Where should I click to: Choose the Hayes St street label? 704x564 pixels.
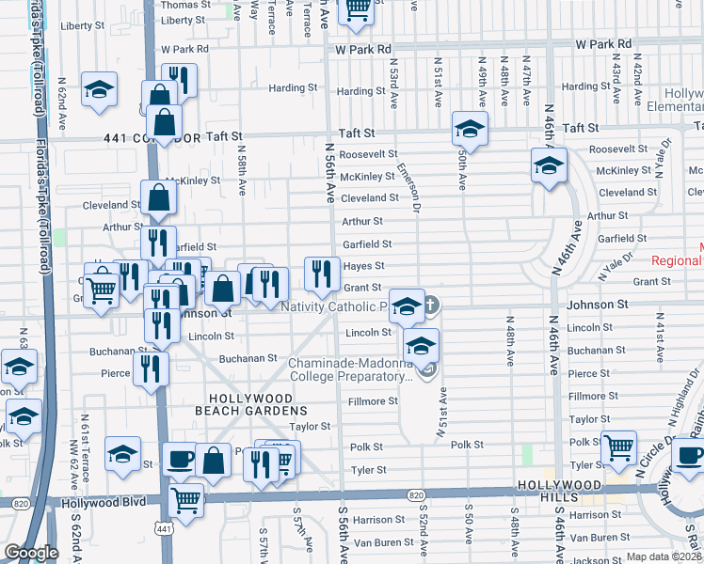tap(361, 266)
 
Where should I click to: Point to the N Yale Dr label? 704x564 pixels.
tap(616, 266)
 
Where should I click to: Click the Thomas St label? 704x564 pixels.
tap(183, 5)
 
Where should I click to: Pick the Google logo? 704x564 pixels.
tap(31, 553)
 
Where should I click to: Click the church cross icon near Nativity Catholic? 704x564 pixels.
tap(431, 305)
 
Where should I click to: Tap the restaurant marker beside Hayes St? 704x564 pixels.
tap(323, 274)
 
